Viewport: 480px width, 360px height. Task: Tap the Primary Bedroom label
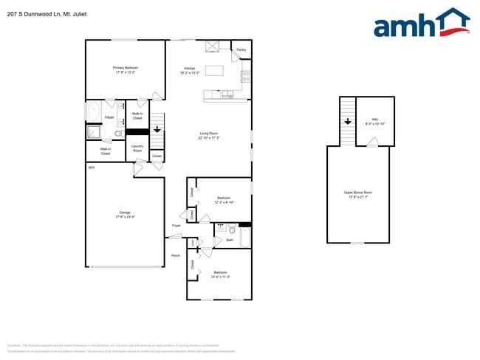(x=126, y=70)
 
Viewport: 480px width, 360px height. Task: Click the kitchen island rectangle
(x=215, y=71)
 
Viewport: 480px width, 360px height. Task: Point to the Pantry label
(x=241, y=51)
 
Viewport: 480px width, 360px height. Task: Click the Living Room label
(x=209, y=135)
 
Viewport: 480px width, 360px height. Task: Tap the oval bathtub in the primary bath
(x=93, y=112)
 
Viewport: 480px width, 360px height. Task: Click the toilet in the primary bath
(x=118, y=134)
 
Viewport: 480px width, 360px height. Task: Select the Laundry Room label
(x=137, y=148)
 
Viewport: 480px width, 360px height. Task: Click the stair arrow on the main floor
(x=157, y=129)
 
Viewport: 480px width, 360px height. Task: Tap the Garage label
(x=125, y=215)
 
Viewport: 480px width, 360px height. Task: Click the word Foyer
(x=176, y=225)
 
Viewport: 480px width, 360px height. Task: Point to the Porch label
(x=175, y=255)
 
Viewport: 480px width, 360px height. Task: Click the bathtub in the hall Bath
(x=245, y=238)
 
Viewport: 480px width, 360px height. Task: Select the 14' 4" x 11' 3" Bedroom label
(x=220, y=274)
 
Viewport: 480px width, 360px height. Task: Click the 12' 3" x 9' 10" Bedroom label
(x=224, y=199)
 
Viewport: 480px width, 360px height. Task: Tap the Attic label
(x=375, y=120)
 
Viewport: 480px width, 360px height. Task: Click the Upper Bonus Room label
(x=357, y=195)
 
